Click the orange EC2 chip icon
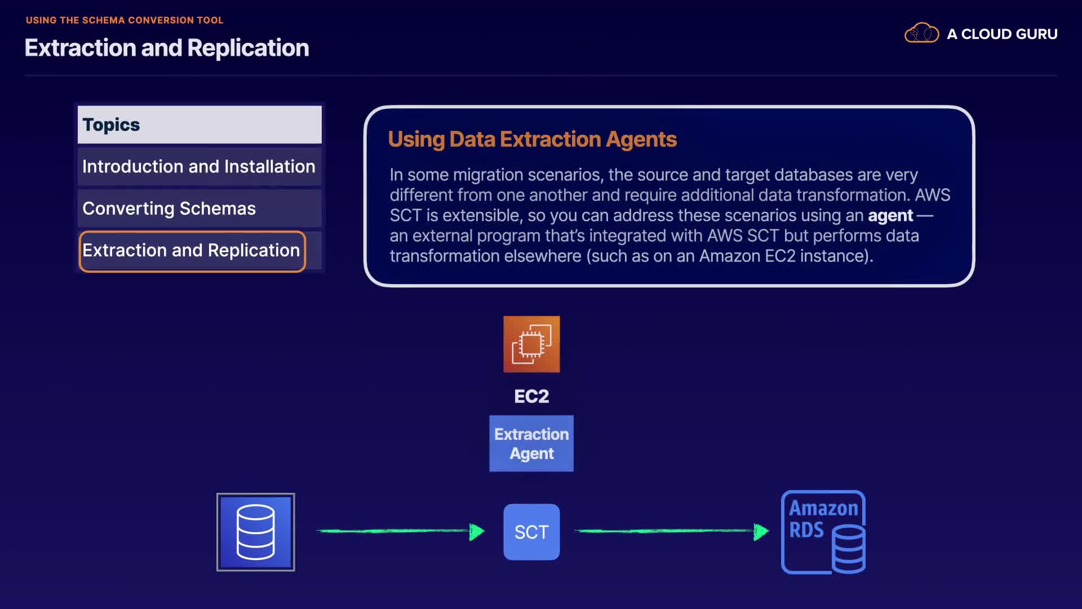[531, 344]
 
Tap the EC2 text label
[531, 396]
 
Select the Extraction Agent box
[531, 443]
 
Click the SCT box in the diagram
[531, 532]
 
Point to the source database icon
[256, 532]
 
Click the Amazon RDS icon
[823, 532]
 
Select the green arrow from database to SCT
[401, 531]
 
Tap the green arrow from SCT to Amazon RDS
[672, 531]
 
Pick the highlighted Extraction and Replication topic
[192, 251]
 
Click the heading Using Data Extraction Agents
[533, 139]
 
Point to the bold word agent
[890, 215]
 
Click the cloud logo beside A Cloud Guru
[921, 33]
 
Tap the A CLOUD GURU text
[1002, 34]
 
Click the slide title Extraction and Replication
[167, 48]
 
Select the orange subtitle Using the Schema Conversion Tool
[125, 20]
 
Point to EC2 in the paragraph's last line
[780, 256]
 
